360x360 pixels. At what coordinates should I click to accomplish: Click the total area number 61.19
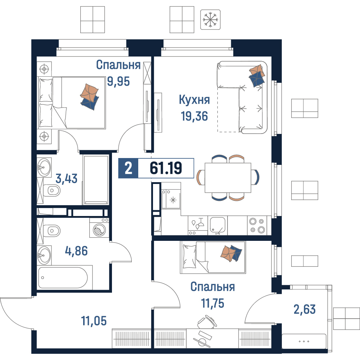coord(166,168)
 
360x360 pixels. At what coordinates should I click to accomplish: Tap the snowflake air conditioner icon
coord(210,19)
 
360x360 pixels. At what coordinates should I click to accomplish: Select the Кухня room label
coord(194,100)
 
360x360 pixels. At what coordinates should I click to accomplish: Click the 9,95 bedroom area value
coord(118,81)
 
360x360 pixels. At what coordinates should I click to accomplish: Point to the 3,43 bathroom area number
coord(67,179)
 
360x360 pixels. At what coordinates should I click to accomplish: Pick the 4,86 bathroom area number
coord(76,251)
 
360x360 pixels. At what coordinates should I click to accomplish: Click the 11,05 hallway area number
coord(94,321)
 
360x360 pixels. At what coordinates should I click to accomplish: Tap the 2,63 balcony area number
coord(305,309)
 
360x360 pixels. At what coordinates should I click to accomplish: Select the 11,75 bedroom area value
coord(213,303)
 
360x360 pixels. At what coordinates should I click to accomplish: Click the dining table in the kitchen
coord(228,178)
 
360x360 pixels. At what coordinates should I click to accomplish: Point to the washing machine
coord(99,228)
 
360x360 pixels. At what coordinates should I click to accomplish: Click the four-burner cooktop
coord(257,225)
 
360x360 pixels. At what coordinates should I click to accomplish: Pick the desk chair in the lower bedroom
coord(207,321)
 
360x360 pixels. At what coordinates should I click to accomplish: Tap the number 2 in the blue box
coord(129,168)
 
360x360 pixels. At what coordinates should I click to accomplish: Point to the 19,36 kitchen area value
coord(194,116)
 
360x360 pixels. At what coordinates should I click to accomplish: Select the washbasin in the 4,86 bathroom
coord(44,255)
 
